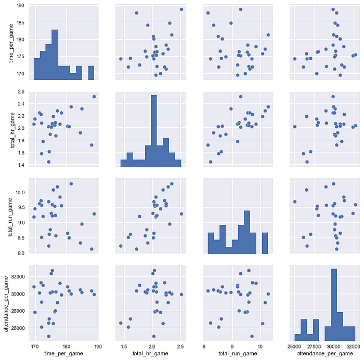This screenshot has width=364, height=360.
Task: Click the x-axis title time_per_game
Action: click(63, 353)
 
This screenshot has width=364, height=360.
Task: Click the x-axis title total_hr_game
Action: click(150, 353)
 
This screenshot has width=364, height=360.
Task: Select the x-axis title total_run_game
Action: click(238, 353)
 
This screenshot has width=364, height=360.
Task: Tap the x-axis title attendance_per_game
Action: click(325, 353)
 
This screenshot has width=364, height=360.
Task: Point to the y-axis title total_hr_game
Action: click(12, 130)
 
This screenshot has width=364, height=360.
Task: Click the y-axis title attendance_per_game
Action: click(6, 304)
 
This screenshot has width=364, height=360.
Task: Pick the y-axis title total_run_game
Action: click(10, 217)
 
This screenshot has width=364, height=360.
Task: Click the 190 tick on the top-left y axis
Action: click(21, 6)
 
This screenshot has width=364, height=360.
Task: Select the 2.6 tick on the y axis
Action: click(21, 92)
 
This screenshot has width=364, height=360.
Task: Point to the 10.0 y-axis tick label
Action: click(20, 193)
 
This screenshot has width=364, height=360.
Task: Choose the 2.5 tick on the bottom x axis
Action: click(180, 346)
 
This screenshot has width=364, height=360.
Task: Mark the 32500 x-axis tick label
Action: click(353, 346)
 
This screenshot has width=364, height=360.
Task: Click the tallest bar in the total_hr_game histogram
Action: click(154, 131)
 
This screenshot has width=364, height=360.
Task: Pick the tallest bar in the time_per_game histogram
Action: click(55, 55)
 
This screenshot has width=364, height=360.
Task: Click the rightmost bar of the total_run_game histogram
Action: click(265, 243)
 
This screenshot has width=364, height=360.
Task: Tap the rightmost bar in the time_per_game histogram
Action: click(91, 73)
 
